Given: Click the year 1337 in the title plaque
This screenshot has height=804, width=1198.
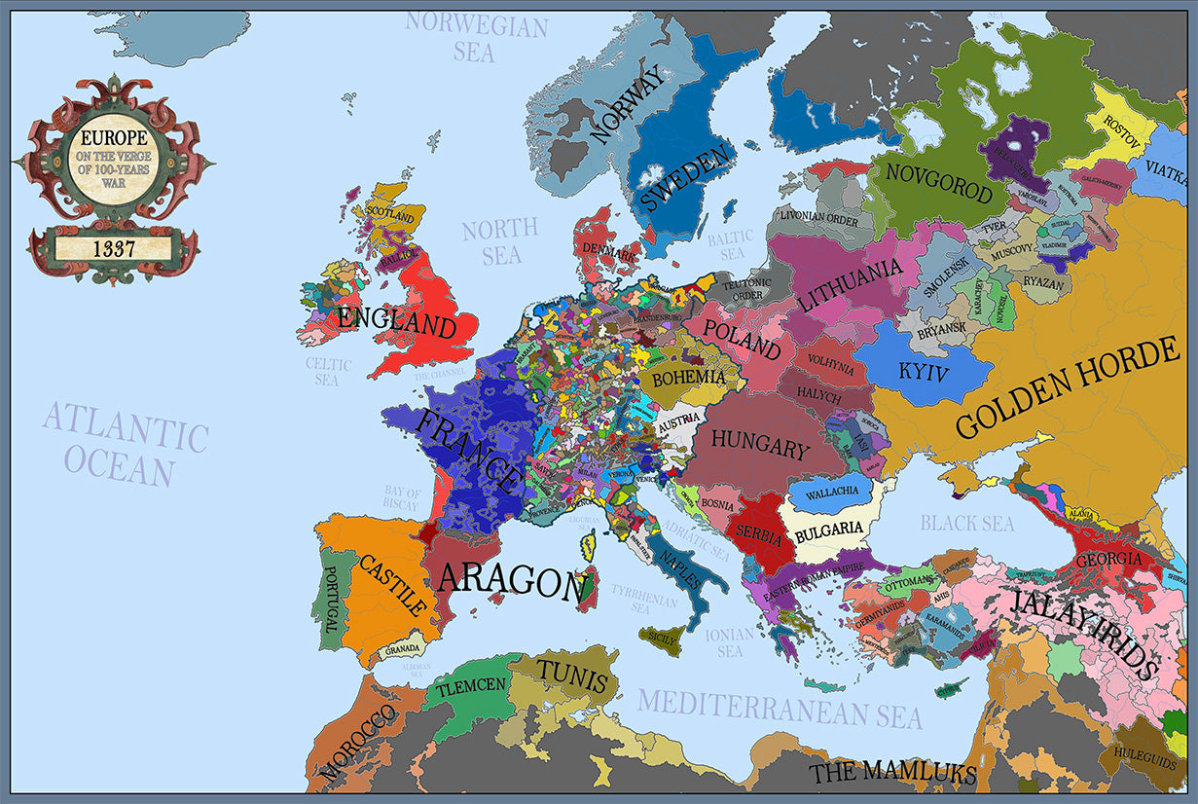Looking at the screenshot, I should point(114,248).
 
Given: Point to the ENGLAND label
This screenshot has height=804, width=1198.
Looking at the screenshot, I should point(397,321).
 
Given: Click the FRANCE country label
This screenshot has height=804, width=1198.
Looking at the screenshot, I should point(468,450).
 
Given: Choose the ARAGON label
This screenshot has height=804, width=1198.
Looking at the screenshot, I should point(512,580).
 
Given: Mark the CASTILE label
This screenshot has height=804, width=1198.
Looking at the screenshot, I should point(393,584).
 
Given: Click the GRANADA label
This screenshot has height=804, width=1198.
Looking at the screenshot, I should point(402,649).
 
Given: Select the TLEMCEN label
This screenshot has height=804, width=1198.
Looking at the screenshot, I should point(471,686).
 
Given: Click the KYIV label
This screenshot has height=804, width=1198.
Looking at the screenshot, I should point(923,371).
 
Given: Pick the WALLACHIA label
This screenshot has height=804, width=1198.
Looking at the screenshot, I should point(831,492).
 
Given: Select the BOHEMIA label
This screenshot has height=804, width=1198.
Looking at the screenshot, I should point(688,377).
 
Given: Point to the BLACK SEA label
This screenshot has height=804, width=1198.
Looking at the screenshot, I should point(967,523).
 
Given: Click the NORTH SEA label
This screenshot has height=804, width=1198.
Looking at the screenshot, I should point(500,241).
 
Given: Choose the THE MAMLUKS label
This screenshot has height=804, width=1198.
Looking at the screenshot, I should point(892,773).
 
